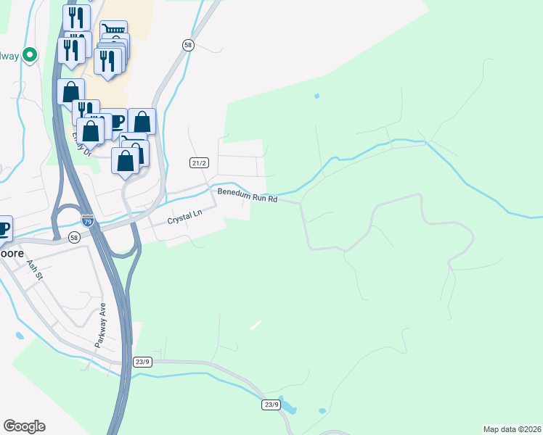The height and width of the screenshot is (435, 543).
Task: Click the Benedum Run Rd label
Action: [248, 194]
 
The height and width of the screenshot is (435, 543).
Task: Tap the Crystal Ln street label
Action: [183, 216]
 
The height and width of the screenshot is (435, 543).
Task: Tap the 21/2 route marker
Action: [200, 163]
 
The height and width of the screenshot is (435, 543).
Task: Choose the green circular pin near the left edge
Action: [30, 54]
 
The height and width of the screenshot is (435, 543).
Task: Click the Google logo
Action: [24, 426]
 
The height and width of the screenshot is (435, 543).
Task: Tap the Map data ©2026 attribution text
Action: [512, 429]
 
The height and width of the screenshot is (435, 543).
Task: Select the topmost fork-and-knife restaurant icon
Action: [76, 16]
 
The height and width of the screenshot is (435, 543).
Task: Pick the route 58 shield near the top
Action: [188, 45]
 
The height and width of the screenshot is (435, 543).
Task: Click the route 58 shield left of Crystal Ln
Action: [74, 237]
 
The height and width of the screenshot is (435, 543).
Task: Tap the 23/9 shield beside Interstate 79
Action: [142, 361]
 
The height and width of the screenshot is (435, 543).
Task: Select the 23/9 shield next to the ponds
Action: [271, 405]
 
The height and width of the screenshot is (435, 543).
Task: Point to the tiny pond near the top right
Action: [316, 96]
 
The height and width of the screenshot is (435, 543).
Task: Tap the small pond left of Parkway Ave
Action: [17, 336]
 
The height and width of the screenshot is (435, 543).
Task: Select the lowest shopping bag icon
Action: [125, 160]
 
